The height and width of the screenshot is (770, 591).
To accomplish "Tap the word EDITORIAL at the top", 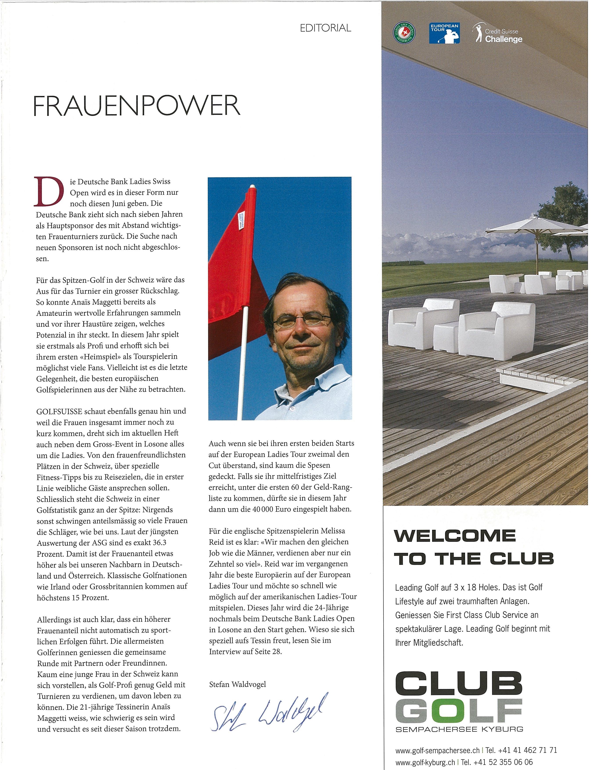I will click(325, 28).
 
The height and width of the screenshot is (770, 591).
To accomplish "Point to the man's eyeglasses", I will click(301, 320).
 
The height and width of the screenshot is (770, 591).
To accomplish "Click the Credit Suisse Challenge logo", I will click(498, 34).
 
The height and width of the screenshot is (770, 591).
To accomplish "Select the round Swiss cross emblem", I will click(404, 33).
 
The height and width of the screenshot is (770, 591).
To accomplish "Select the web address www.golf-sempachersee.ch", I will click(437, 750).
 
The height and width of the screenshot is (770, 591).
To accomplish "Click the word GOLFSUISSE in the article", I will click(59, 411).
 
